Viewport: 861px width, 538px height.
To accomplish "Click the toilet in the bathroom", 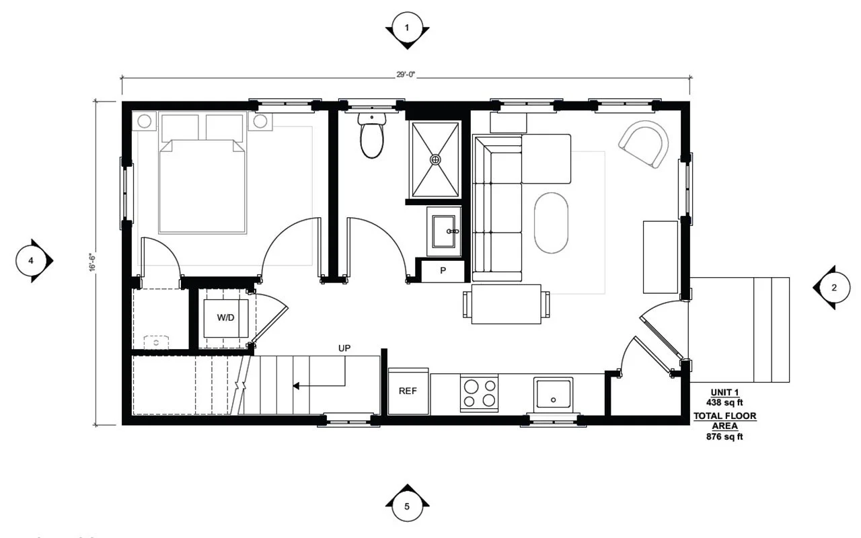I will click(x=371, y=137).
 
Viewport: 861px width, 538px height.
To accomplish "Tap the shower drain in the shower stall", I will click(x=436, y=159).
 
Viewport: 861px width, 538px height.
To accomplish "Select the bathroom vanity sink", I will click(x=445, y=231).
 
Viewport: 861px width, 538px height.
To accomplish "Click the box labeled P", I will click(x=443, y=270).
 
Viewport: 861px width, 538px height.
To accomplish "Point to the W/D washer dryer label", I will click(x=226, y=317).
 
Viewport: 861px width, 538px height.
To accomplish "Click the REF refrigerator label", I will click(x=408, y=391).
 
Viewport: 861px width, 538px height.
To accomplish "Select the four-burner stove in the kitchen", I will click(x=480, y=393).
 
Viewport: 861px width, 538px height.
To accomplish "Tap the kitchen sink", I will click(x=553, y=394).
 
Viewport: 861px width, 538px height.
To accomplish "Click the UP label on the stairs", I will click(x=344, y=348).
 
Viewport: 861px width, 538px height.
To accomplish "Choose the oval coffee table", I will click(x=551, y=223).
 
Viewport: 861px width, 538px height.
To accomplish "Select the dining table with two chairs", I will click(x=506, y=304).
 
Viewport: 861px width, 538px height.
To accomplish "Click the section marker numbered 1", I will click(x=407, y=28).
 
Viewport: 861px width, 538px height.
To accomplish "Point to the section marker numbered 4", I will click(x=30, y=260).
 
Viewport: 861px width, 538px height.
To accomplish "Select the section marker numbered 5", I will click(x=407, y=505).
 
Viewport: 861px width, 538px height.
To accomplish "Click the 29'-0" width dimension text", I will click(x=406, y=75).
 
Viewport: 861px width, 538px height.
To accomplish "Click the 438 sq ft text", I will click(x=725, y=402).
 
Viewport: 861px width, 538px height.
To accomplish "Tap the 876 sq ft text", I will click(x=725, y=436).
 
